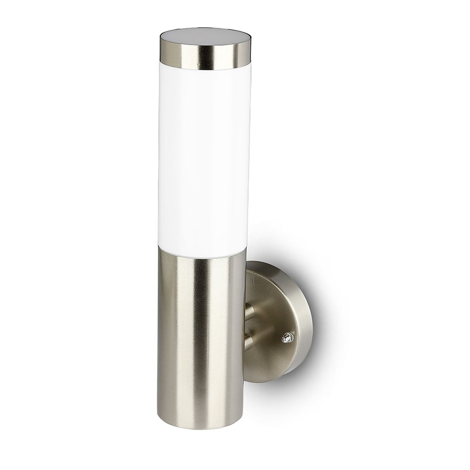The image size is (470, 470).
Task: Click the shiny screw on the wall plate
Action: (286, 337)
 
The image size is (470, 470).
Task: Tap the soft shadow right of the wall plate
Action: (322, 338)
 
